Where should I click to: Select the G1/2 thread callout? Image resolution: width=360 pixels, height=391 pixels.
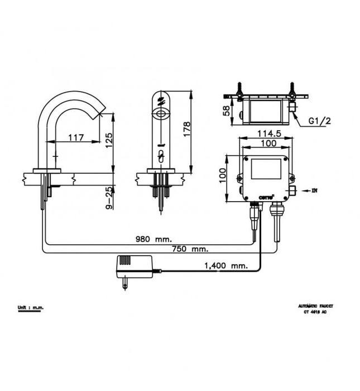click(x=319, y=121)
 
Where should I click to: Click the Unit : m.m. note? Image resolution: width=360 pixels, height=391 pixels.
click(x=30, y=307)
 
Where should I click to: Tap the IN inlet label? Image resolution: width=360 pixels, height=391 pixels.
click(x=314, y=190)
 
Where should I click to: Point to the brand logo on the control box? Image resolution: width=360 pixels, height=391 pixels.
click(x=267, y=195)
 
